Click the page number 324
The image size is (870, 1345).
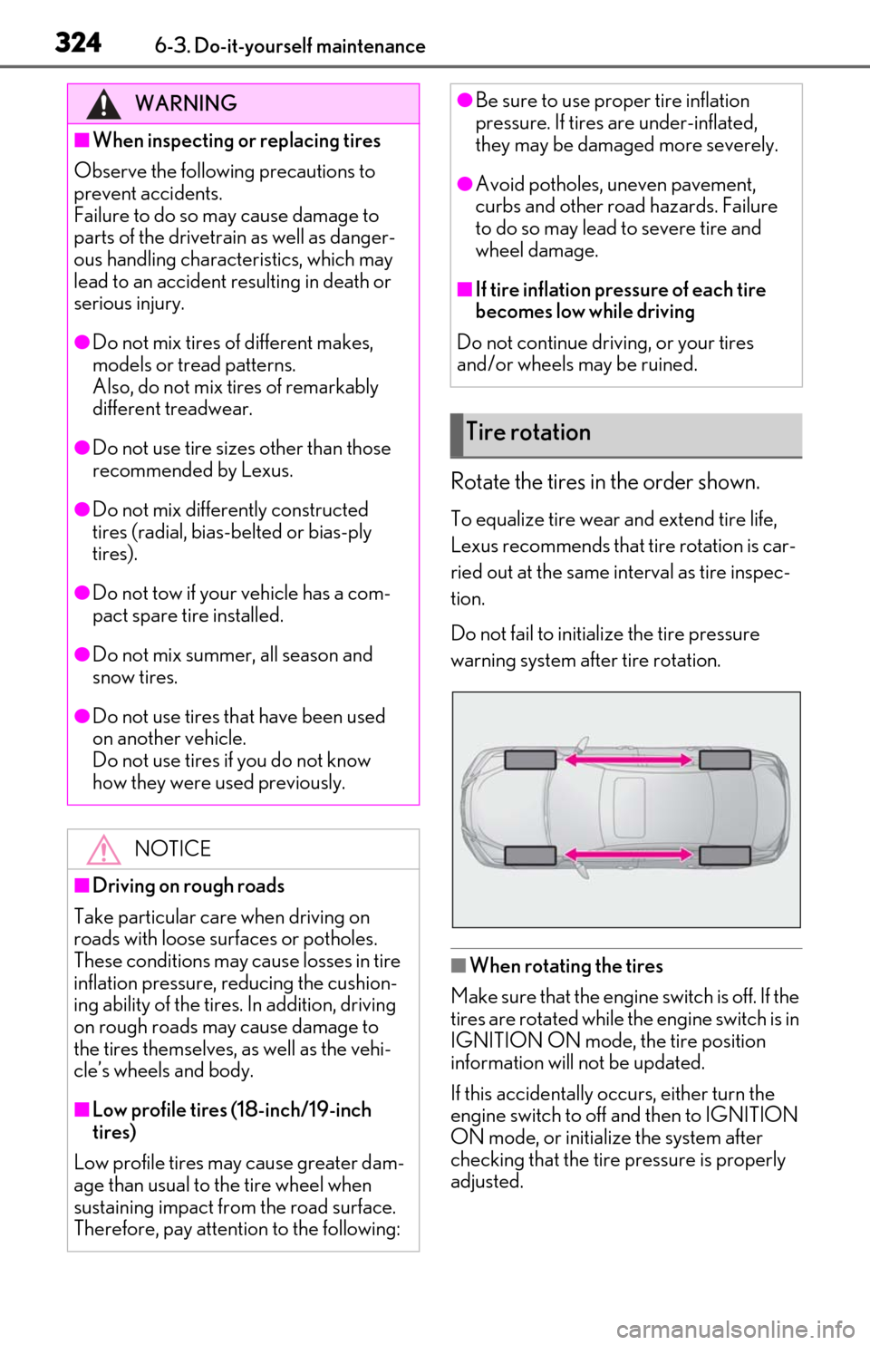[x=78, y=44]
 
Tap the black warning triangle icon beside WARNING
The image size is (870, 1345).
[x=103, y=104]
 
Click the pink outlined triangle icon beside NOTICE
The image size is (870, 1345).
[x=103, y=849]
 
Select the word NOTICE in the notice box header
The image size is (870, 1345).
[x=173, y=848]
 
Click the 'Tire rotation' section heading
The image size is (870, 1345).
[x=528, y=431]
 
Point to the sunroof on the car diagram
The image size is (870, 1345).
[x=629, y=808]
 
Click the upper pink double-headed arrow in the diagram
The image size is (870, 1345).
[x=628, y=760]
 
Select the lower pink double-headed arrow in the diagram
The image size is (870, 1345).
[x=628, y=854]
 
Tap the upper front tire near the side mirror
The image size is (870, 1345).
[x=531, y=760]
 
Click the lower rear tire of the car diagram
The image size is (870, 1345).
[x=725, y=855]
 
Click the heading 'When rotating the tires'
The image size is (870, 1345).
[x=566, y=965]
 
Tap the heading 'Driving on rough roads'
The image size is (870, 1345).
[x=188, y=885]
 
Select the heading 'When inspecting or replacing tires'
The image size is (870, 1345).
[x=237, y=140]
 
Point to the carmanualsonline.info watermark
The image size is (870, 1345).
[x=736, y=1330]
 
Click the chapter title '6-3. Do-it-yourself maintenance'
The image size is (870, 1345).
[x=290, y=46]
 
